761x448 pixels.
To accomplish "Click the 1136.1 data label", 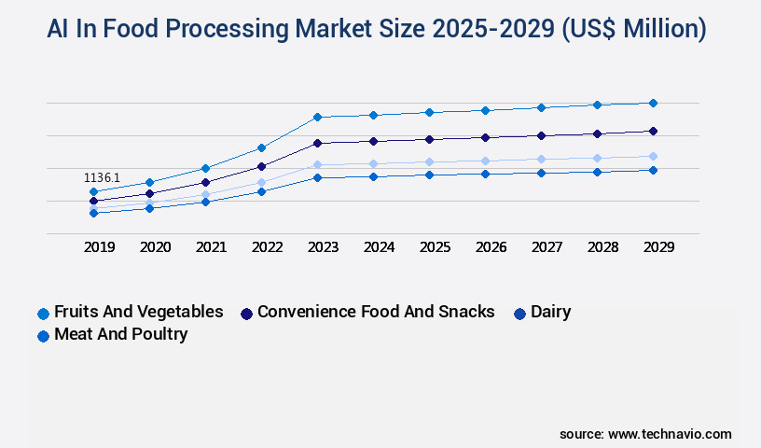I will click(102, 177).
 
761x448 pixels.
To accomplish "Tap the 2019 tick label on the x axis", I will click(99, 247).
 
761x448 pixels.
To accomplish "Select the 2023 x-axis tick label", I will click(323, 247).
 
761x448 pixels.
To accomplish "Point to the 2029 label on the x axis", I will click(658, 247).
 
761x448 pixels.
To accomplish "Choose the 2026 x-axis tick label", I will click(491, 247).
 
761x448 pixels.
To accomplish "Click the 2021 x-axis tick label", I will click(211, 247).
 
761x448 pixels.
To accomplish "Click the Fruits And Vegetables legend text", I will click(138, 312).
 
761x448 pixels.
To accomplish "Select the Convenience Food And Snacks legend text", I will click(376, 312).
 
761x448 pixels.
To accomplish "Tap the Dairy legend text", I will click(550, 312).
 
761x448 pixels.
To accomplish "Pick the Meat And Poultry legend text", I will click(120, 334).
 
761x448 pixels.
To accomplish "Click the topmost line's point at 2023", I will click(317, 117).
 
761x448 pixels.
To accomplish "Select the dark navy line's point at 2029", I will click(653, 131).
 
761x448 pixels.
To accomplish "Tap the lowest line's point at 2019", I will click(93, 213).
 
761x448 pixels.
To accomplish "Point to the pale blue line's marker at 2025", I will click(429, 161).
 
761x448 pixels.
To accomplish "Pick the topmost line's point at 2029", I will click(653, 103).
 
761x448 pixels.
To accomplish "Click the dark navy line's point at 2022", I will click(261, 166).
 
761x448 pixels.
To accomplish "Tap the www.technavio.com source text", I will click(670, 434).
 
